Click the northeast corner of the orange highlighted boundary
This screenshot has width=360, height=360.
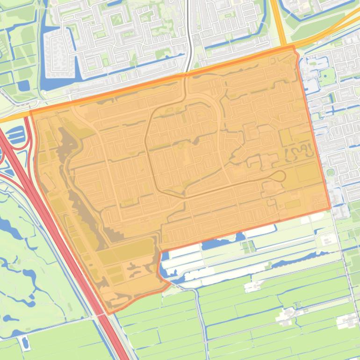[x=294, y=47]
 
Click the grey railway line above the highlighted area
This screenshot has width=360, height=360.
[x=189, y=37]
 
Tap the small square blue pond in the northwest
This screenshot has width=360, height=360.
[x=23, y=85]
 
